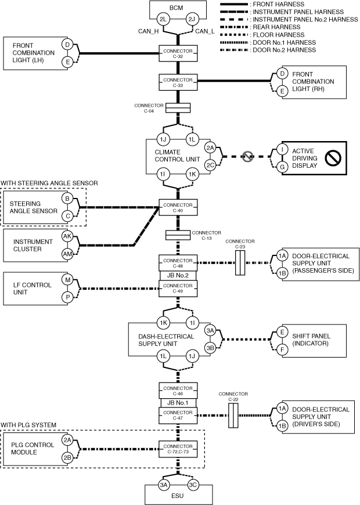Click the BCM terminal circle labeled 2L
click(x=164, y=20)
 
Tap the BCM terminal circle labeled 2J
click(x=193, y=20)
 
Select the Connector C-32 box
click(x=178, y=54)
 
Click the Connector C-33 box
click(x=178, y=82)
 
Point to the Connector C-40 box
click(x=178, y=207)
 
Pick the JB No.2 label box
click(x=178, y=276)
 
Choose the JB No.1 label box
click(x=178, y=403)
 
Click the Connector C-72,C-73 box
click(x=178, y=448)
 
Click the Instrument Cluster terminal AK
click(x=67, y=236)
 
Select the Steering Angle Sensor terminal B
click(x=67, y=199)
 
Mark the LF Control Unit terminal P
click(x=67, y=297)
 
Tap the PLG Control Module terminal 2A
click(x=67, y=440)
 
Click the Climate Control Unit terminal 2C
click(x=210, y=165)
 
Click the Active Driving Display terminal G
click(x=282, y=166)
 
